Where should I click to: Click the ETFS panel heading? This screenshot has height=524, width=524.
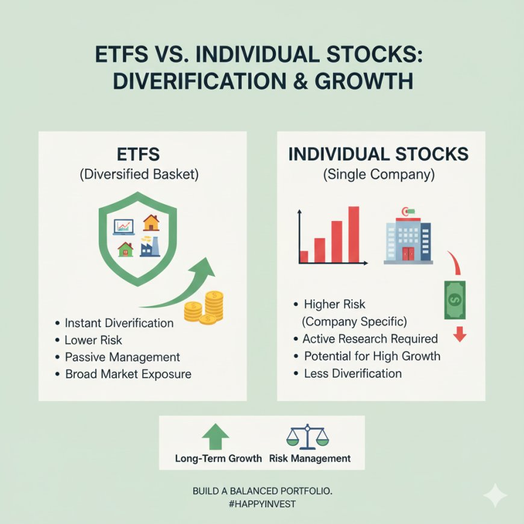click(x=142, y=154)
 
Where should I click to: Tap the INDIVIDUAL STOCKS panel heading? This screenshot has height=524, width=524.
click(x=378, y=154)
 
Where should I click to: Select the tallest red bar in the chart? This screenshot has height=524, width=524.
click(x=354, y=235)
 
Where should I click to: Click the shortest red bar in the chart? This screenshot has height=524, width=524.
click(x=304, y=257)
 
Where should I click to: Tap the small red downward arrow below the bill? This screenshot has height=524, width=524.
click(x=460, y=334)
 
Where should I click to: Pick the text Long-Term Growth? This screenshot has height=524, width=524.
click(x=218, y=458)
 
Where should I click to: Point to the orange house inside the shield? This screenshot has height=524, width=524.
click(x=151, y=223)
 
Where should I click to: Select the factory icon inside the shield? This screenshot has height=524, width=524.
click(x=149, y=247)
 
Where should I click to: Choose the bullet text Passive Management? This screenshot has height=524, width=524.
click(x=122, y=357)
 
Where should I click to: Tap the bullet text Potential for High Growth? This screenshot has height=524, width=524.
click(x=372, y=356)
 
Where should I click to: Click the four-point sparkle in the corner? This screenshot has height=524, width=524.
click(x=495, y=495)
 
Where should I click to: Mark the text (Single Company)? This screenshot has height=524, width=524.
click(x=378, y=176)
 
